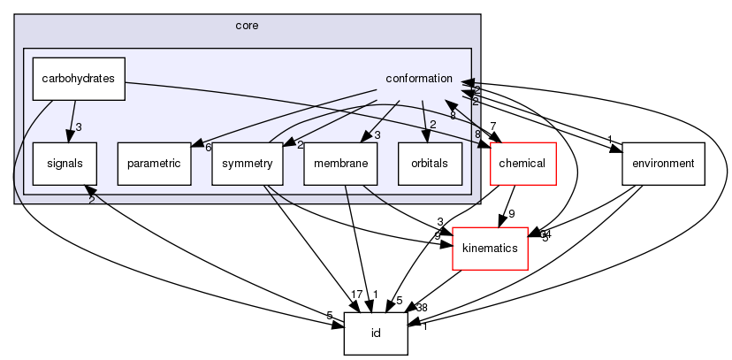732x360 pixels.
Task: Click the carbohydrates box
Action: coord(79,78)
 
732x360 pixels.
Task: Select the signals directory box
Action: coord(65,163)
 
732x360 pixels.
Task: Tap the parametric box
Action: coord(154,163)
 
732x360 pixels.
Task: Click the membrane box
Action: coord(340,163)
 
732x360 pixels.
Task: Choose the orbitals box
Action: coord(430,163)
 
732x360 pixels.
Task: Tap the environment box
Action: coord(663,163)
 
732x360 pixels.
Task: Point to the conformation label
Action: coord(420,79)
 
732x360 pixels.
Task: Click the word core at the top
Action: coord(247,26)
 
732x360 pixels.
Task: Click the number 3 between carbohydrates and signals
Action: coord(79,127)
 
